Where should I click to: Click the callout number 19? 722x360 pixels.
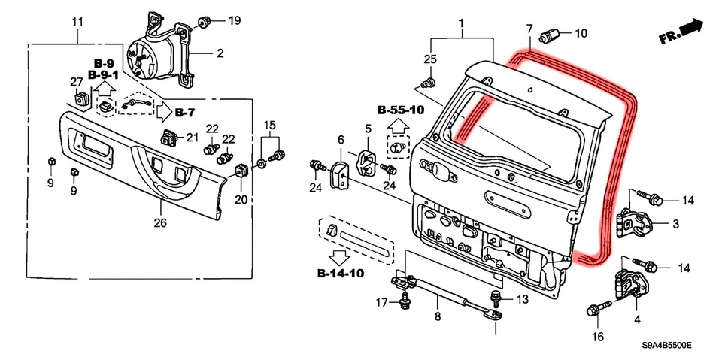point(235,20)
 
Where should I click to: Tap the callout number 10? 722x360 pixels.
point(581,33)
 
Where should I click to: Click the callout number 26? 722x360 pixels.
point(159,222)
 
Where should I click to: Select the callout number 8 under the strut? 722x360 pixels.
point(437,318)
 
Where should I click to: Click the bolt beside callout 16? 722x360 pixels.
point(594,309)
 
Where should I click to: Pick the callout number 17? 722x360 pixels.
point(382,302)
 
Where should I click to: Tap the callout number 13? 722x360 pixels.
point(522,299)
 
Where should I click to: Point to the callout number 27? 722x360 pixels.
point(76,82)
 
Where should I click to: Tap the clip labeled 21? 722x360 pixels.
point(168,138)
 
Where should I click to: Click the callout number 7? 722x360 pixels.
point(529,29)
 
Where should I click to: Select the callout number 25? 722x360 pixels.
point(429,59)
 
